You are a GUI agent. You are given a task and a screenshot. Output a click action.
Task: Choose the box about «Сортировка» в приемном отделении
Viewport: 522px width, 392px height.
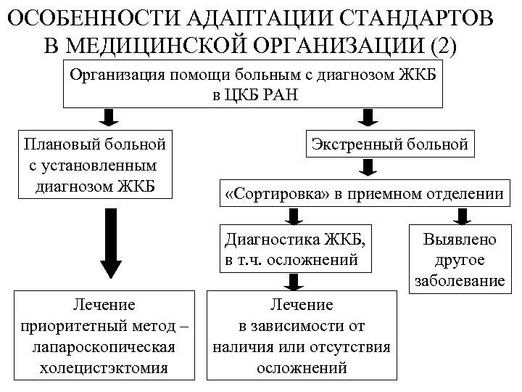click(364, 194)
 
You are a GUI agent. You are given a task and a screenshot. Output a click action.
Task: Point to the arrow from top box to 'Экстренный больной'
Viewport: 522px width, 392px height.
click(369, 117)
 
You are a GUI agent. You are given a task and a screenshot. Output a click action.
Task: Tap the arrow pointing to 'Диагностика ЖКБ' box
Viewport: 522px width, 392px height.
click(293, 216)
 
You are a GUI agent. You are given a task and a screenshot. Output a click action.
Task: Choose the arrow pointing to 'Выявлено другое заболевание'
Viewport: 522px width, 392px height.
click(462, 216)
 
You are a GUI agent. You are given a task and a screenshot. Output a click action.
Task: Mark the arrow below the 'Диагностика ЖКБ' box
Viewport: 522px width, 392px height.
click(293, 282)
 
